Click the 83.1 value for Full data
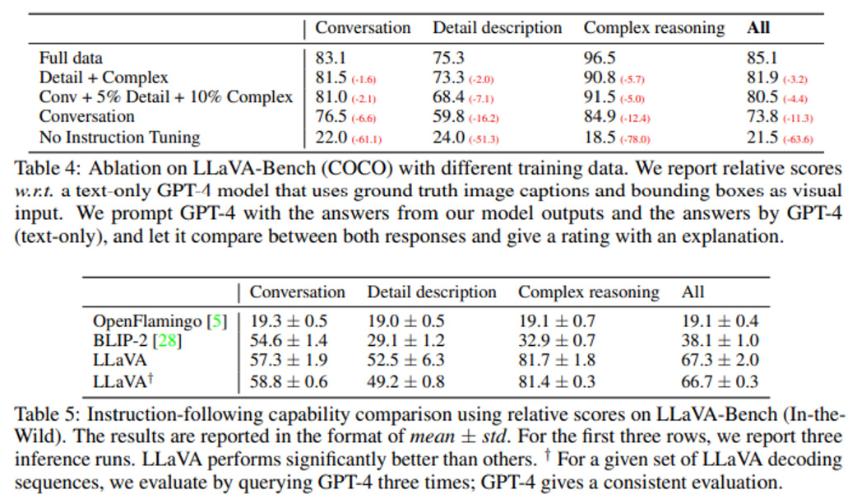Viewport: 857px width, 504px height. click(x=331, y=58)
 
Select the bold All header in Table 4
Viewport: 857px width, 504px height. click(x=757, y=28)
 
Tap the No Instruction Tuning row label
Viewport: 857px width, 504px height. click(x=119, y=137)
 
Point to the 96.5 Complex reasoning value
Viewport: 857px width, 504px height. click(x=600, y=58)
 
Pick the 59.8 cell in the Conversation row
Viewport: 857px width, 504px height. click(x=448, y=117)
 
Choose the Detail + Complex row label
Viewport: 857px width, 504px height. click(x=104, y=78)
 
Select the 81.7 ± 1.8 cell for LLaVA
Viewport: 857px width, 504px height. click(x=557, y=361)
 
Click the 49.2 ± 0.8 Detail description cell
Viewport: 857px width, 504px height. click(x=405, y=381)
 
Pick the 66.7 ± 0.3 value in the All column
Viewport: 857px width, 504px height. click(x=720, y=381)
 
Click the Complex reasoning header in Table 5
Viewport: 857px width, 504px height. click(x=588, y=292)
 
